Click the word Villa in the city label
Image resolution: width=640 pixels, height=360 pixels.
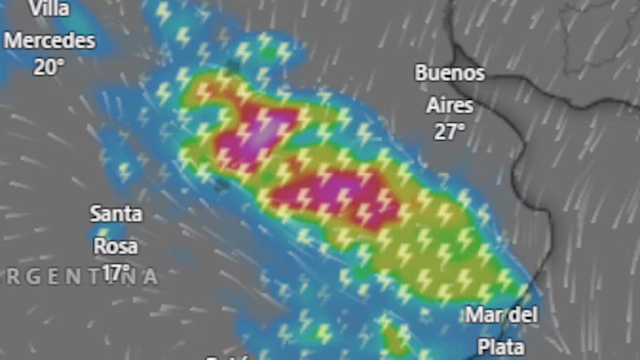(x=49, y=9)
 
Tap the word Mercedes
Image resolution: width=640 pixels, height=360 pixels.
(x=50, y=41)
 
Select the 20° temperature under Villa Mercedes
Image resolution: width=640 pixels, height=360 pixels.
(x=49, y=67)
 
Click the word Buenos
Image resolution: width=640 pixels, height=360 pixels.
(x=450, y=74)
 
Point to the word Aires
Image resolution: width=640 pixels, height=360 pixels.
(x=450, y=106)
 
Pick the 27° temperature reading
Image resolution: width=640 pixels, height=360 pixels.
(x=449, y=132)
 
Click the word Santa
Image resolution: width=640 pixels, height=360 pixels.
(x=116, y=214)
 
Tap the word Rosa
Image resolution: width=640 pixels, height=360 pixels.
(x=116, y=246)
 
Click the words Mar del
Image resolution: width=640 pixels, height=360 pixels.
(x=501, y=315)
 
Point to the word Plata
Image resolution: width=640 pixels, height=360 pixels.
(x=500, y=347)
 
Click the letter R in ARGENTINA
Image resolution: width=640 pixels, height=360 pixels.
(x=14, y=277)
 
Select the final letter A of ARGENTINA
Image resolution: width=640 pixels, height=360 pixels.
(x=150, y=277)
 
